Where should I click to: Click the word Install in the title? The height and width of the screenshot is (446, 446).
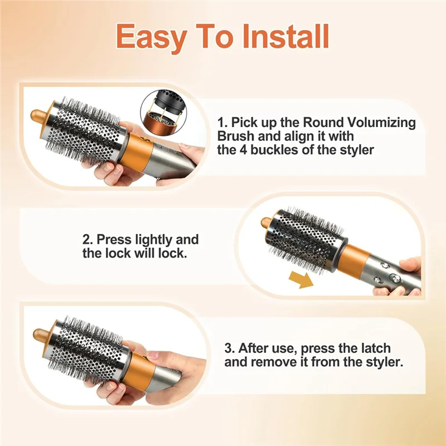click(x=285, y=36)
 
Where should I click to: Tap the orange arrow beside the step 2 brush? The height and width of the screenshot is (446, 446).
click(x=301, y=280)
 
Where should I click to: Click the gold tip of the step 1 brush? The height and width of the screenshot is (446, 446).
click(x=38, y=115)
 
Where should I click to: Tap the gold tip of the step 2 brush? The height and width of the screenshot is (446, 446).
click(x=267, y=222)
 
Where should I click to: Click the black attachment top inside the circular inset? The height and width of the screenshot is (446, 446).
click(x=171, y=100)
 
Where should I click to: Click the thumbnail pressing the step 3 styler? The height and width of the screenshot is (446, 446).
click(x=153, y=355)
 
